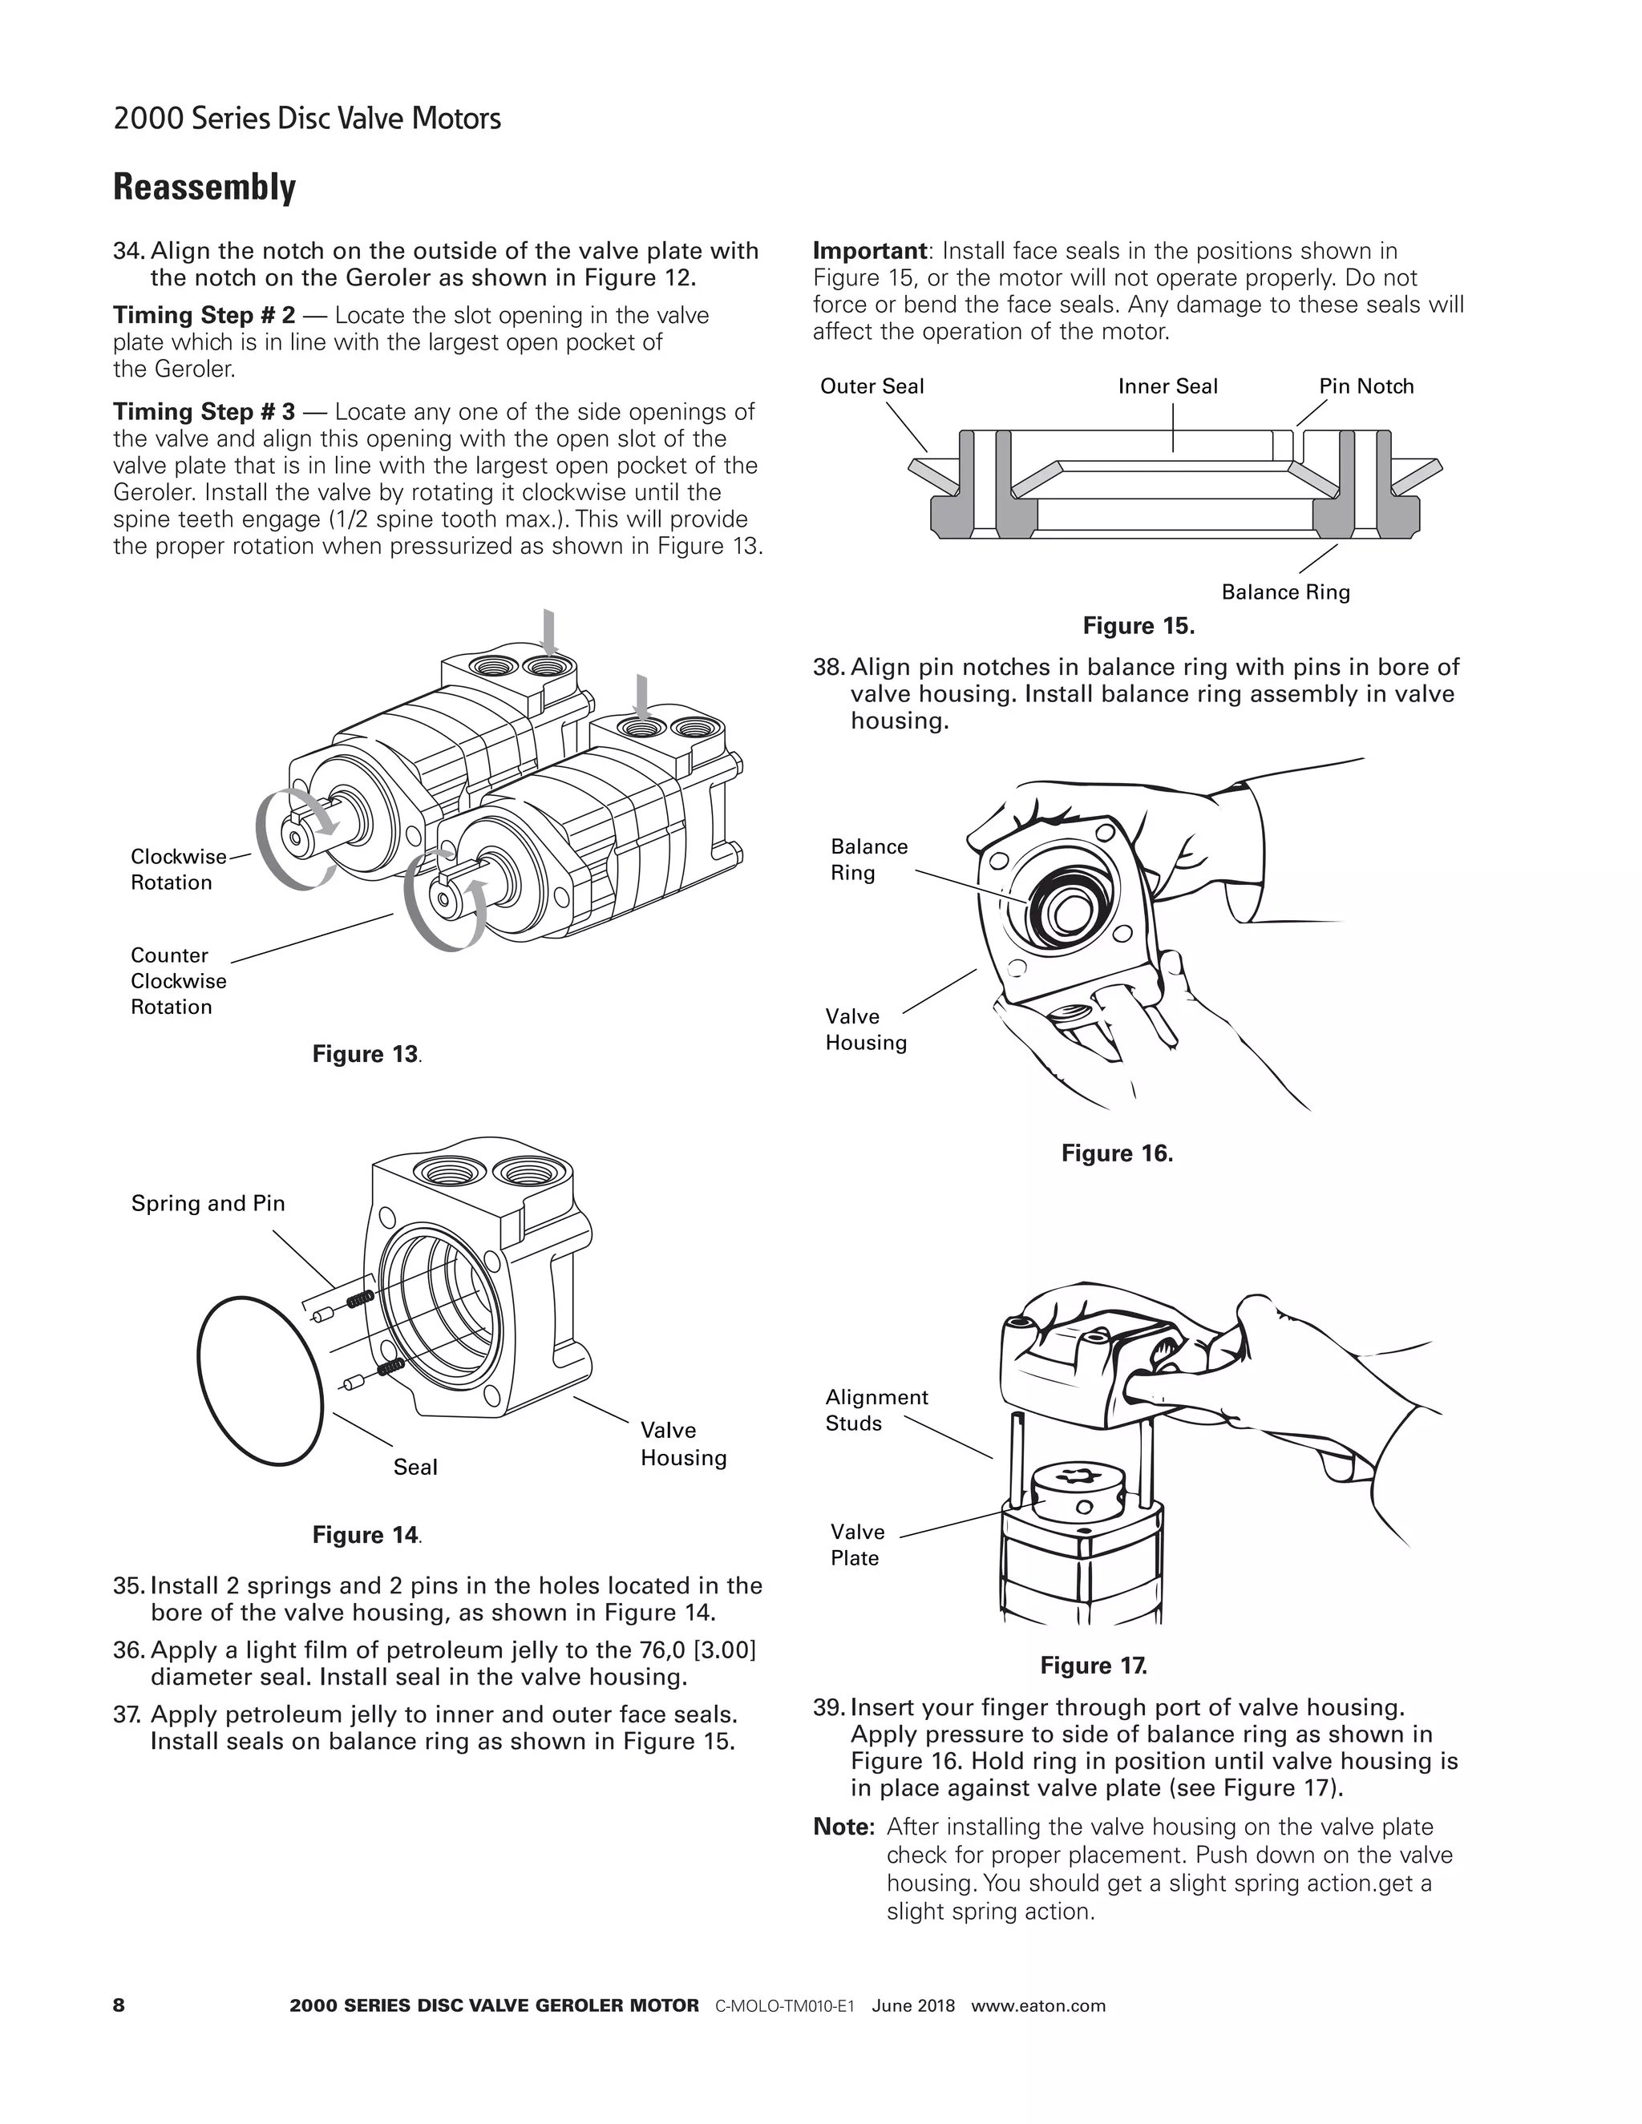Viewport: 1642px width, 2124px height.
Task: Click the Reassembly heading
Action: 204,187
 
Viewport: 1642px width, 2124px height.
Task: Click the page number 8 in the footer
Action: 119,2005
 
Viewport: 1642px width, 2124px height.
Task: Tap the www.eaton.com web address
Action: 1038,2005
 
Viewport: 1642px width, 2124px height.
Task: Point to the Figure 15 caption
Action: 1138,626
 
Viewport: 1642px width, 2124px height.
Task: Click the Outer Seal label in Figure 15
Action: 872,386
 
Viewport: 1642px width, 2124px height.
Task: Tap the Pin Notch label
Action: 1365,386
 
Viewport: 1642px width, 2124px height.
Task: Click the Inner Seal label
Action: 1167,386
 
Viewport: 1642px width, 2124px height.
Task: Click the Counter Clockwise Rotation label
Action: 178,980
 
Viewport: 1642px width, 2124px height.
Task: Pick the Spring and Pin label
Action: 208,1203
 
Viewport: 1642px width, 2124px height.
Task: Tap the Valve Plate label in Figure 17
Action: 857,1545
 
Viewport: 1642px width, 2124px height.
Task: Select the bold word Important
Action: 868,251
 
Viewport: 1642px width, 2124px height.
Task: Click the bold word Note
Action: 843,1827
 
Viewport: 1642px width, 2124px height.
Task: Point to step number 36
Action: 128,1650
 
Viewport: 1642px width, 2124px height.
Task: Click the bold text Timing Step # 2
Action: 204,315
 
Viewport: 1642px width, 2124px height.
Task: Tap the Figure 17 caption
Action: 1094,1666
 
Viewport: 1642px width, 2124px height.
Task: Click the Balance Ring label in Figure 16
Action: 868,860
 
